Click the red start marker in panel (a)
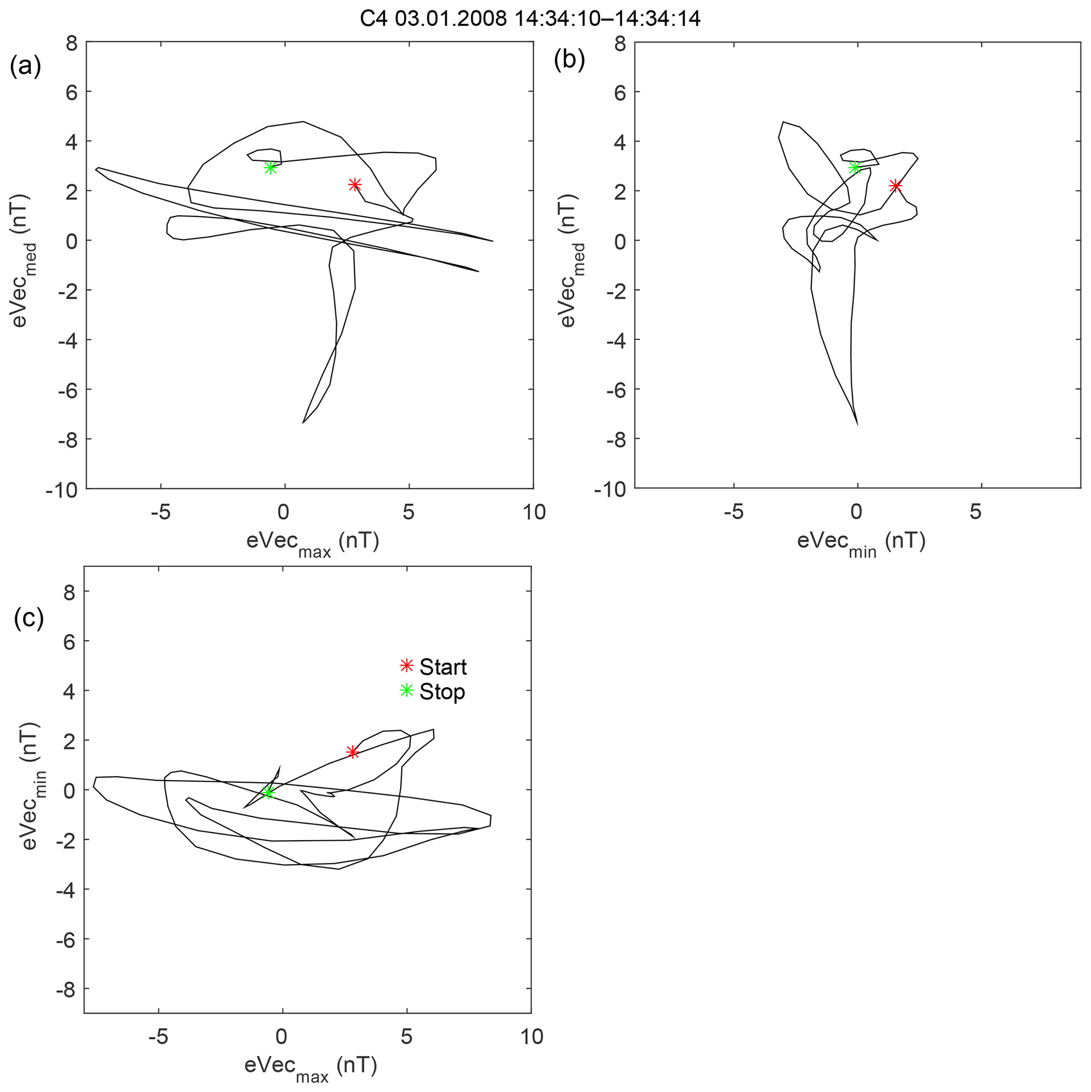point(355,185)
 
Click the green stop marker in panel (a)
point(271,167)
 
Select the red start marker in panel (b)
point(895,185)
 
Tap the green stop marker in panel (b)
point(855,167)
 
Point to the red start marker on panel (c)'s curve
point(352,752)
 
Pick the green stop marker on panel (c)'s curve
point(268,792)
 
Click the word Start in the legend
point(443,667)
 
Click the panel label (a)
point(25,66)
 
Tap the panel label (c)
point(29,618)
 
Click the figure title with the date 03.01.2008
point(530,18)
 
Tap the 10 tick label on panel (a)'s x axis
point(534,512)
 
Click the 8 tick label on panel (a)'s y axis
point(72,43)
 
